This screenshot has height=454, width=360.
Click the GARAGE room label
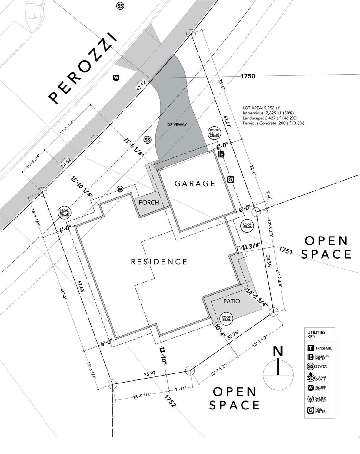pyautogui.click(x=195, y=183)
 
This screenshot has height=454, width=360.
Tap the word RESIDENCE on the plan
pyautogui.click(x=159, y=262)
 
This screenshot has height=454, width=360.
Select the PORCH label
pyautogui.click(x=148, y=202)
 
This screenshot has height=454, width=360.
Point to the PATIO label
pyautogui.click(x=232, y=301)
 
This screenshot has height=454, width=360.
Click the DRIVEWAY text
pyautogui.click(x=177, y=124)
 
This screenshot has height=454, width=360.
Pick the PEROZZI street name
pyautogui.click(x=83, y=69)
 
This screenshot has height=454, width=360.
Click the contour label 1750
pyautogui.click(x=248, y=76)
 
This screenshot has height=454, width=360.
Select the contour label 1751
pyautogui.click(x=285, y=250)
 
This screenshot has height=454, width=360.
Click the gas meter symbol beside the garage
pyautogui.click(x=231, y=179)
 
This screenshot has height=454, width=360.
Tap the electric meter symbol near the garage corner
pyautogui.click(x=222, y=154)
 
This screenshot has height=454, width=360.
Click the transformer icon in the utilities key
pyautogui.click(x=311, y=348)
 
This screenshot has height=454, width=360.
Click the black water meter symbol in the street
pyautogui.click(x=116, y=78)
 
